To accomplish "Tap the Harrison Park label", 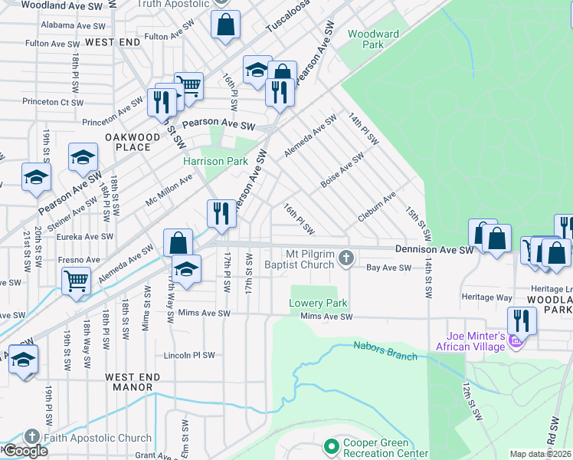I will click(214, 161).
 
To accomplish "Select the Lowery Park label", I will click(318, 303).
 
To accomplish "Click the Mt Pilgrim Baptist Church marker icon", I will click(346, 258).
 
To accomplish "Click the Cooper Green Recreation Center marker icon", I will click(331, 445).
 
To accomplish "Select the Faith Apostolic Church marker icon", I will click(31, 438).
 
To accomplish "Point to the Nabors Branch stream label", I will click(385, 351).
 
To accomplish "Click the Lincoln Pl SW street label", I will click(189, 355).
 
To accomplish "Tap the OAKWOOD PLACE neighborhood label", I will click(133, 143).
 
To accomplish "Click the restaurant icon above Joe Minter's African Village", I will click(522, 319).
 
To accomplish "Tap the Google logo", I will click(25, 451).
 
